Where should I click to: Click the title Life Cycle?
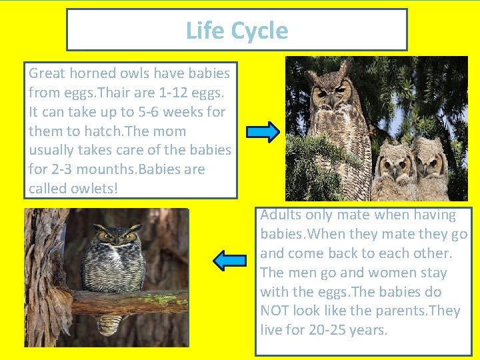click(x=237, y=31)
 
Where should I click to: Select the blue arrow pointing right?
click(x=263, y=132)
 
